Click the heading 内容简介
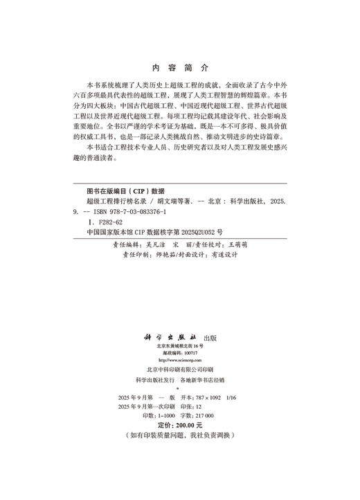tap(179, 69)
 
